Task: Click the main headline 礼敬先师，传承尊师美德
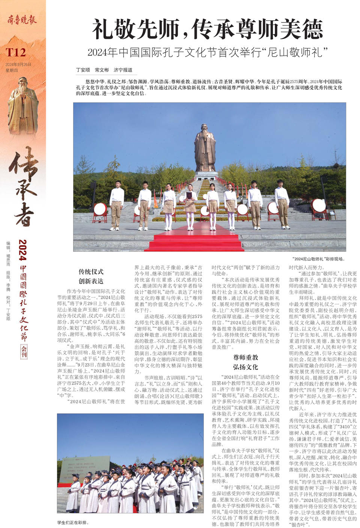coord(207,29)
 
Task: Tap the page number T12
coord(15,52)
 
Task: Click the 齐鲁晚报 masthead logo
coord(22,19)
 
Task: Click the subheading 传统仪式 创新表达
coord(91,276)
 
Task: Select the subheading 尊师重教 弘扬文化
coord(245,362)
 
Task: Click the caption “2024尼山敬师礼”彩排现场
coord(318,259)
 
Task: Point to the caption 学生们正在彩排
coord(73,522)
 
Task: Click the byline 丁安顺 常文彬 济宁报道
coord(104,70)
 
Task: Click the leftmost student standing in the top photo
coord(116,205)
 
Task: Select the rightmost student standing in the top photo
coord(282,203)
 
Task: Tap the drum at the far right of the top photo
coord(319,206)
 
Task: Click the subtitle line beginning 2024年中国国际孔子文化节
coord(207,52)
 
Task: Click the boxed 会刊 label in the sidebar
coord(24,351)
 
